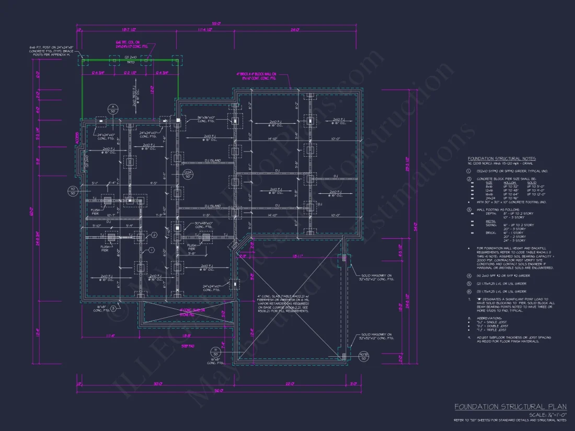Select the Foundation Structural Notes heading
501,158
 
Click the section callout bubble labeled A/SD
112,109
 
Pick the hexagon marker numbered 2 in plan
154,236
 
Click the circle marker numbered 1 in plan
151,250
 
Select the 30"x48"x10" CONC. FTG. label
201,225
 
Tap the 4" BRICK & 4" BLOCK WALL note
256,76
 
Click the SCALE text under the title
544,414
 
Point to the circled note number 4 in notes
470,275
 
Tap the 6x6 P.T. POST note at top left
52,51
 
